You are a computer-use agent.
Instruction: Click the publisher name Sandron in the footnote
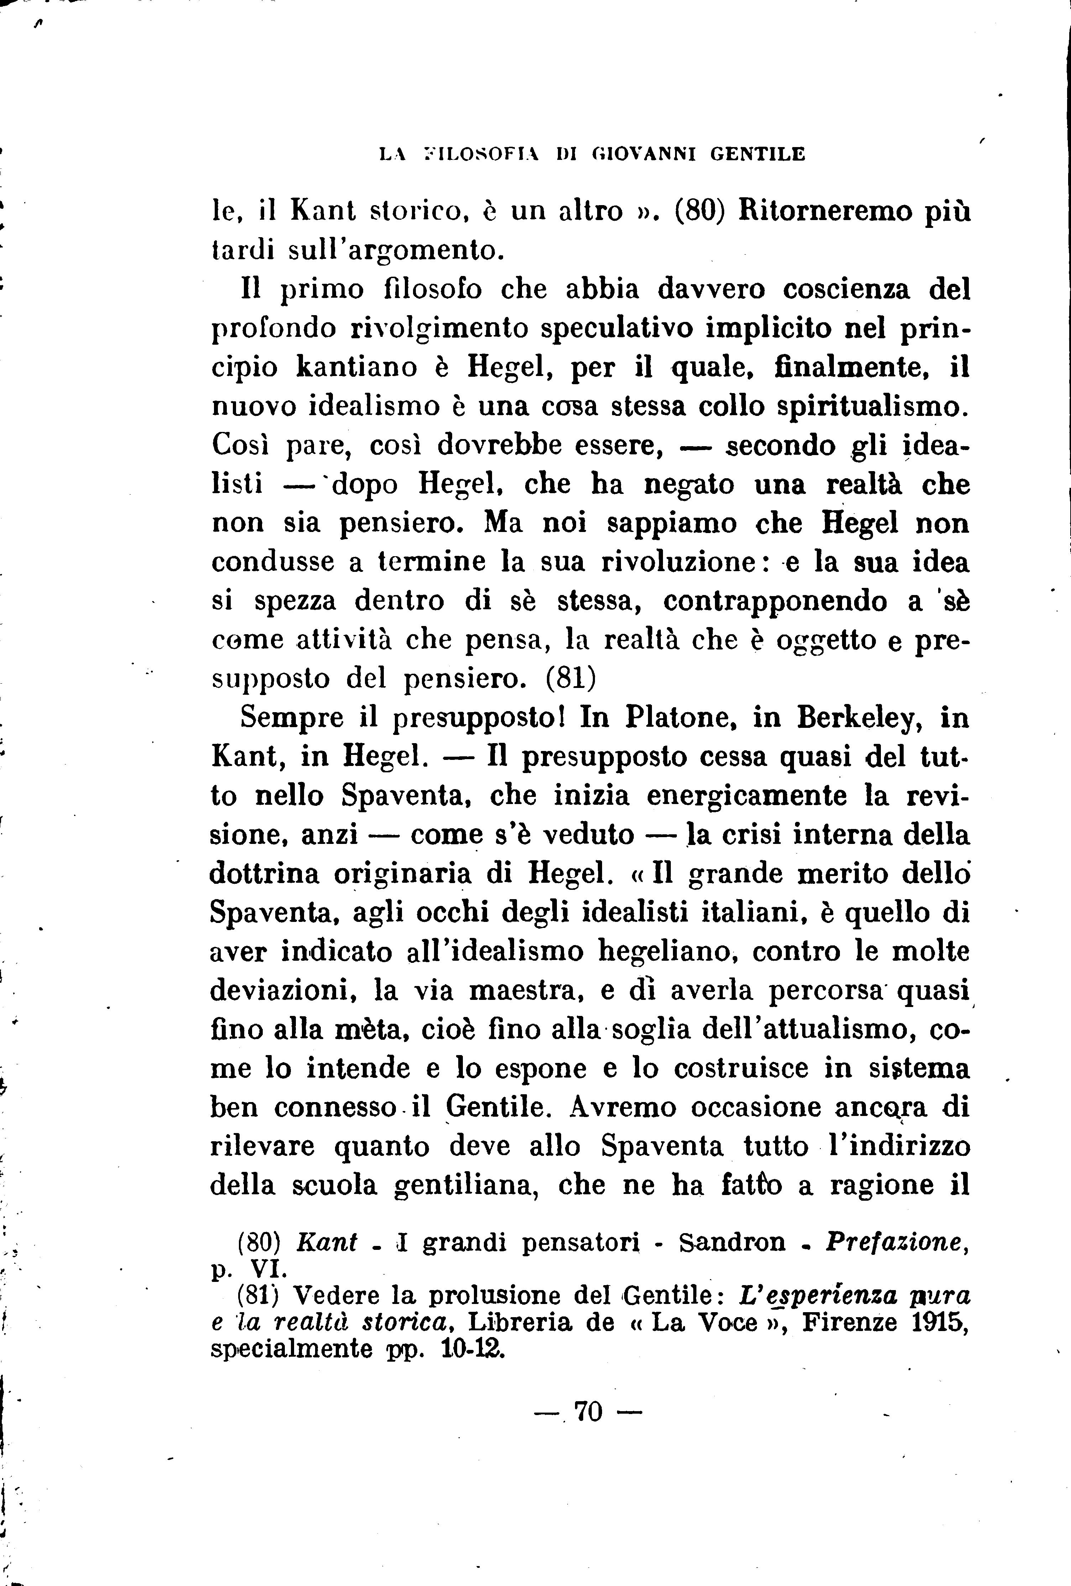[x=732, y=1243]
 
